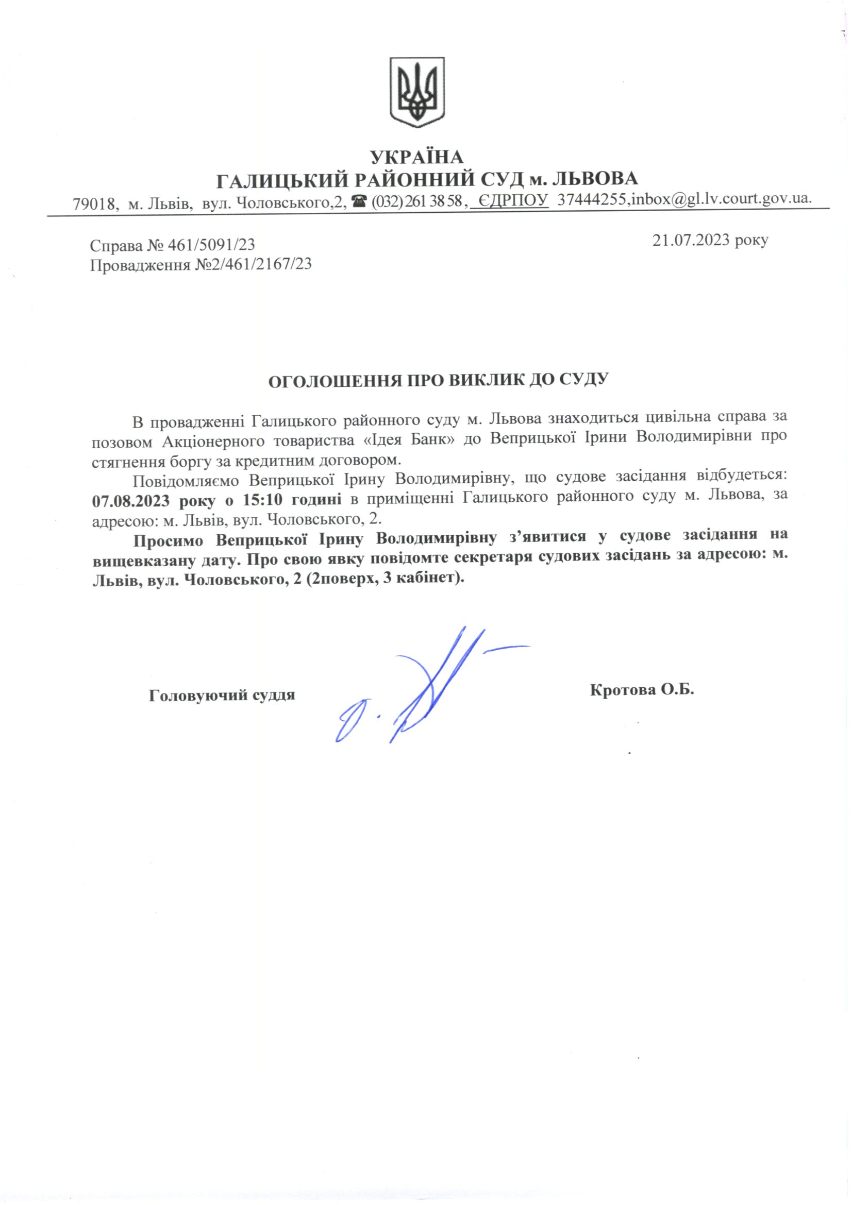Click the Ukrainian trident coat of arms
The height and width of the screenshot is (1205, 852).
pyautogui.click(x=417, y=92)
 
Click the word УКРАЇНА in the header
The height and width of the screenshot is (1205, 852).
pyautogui.click(x=417, y=157)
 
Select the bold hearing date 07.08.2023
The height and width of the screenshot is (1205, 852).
pyautogui.click(x=130, y=500)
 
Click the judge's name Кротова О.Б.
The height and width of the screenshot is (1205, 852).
pyautogui.click(x=642, y=690)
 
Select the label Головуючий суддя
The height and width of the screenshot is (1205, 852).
pyautogui.click(x=222, y=695)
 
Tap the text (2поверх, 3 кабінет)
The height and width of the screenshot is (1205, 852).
pyautogui.click(x=386, y=580)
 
